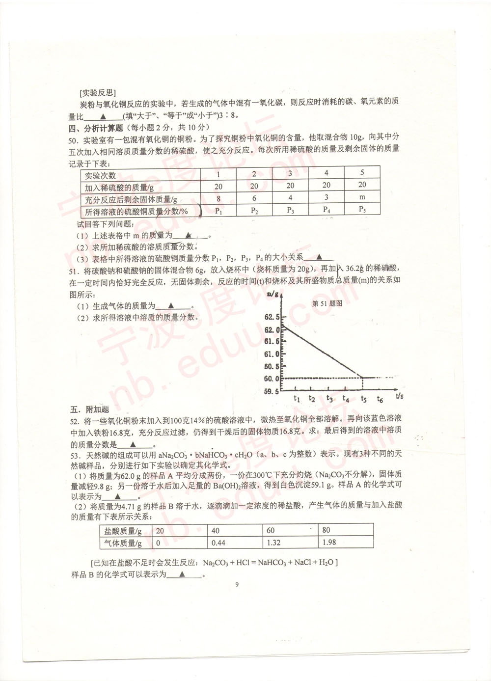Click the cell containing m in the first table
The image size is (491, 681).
point(362,197)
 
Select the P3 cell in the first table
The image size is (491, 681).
point(290,210)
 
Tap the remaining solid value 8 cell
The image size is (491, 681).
point(218,199)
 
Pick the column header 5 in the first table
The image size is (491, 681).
point(362,172)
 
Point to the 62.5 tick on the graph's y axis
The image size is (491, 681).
point(272,317)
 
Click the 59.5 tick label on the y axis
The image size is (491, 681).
point(272,391)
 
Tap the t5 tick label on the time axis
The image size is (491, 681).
point(363,399)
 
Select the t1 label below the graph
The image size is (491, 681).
point(297,399)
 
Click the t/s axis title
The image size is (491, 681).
point(399,395)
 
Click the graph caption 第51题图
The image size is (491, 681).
point(327,303)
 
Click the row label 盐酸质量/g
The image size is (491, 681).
point(123,531)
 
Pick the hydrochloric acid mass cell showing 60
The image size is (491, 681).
point(271,530)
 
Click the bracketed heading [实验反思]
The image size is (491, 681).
point(97,92)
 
